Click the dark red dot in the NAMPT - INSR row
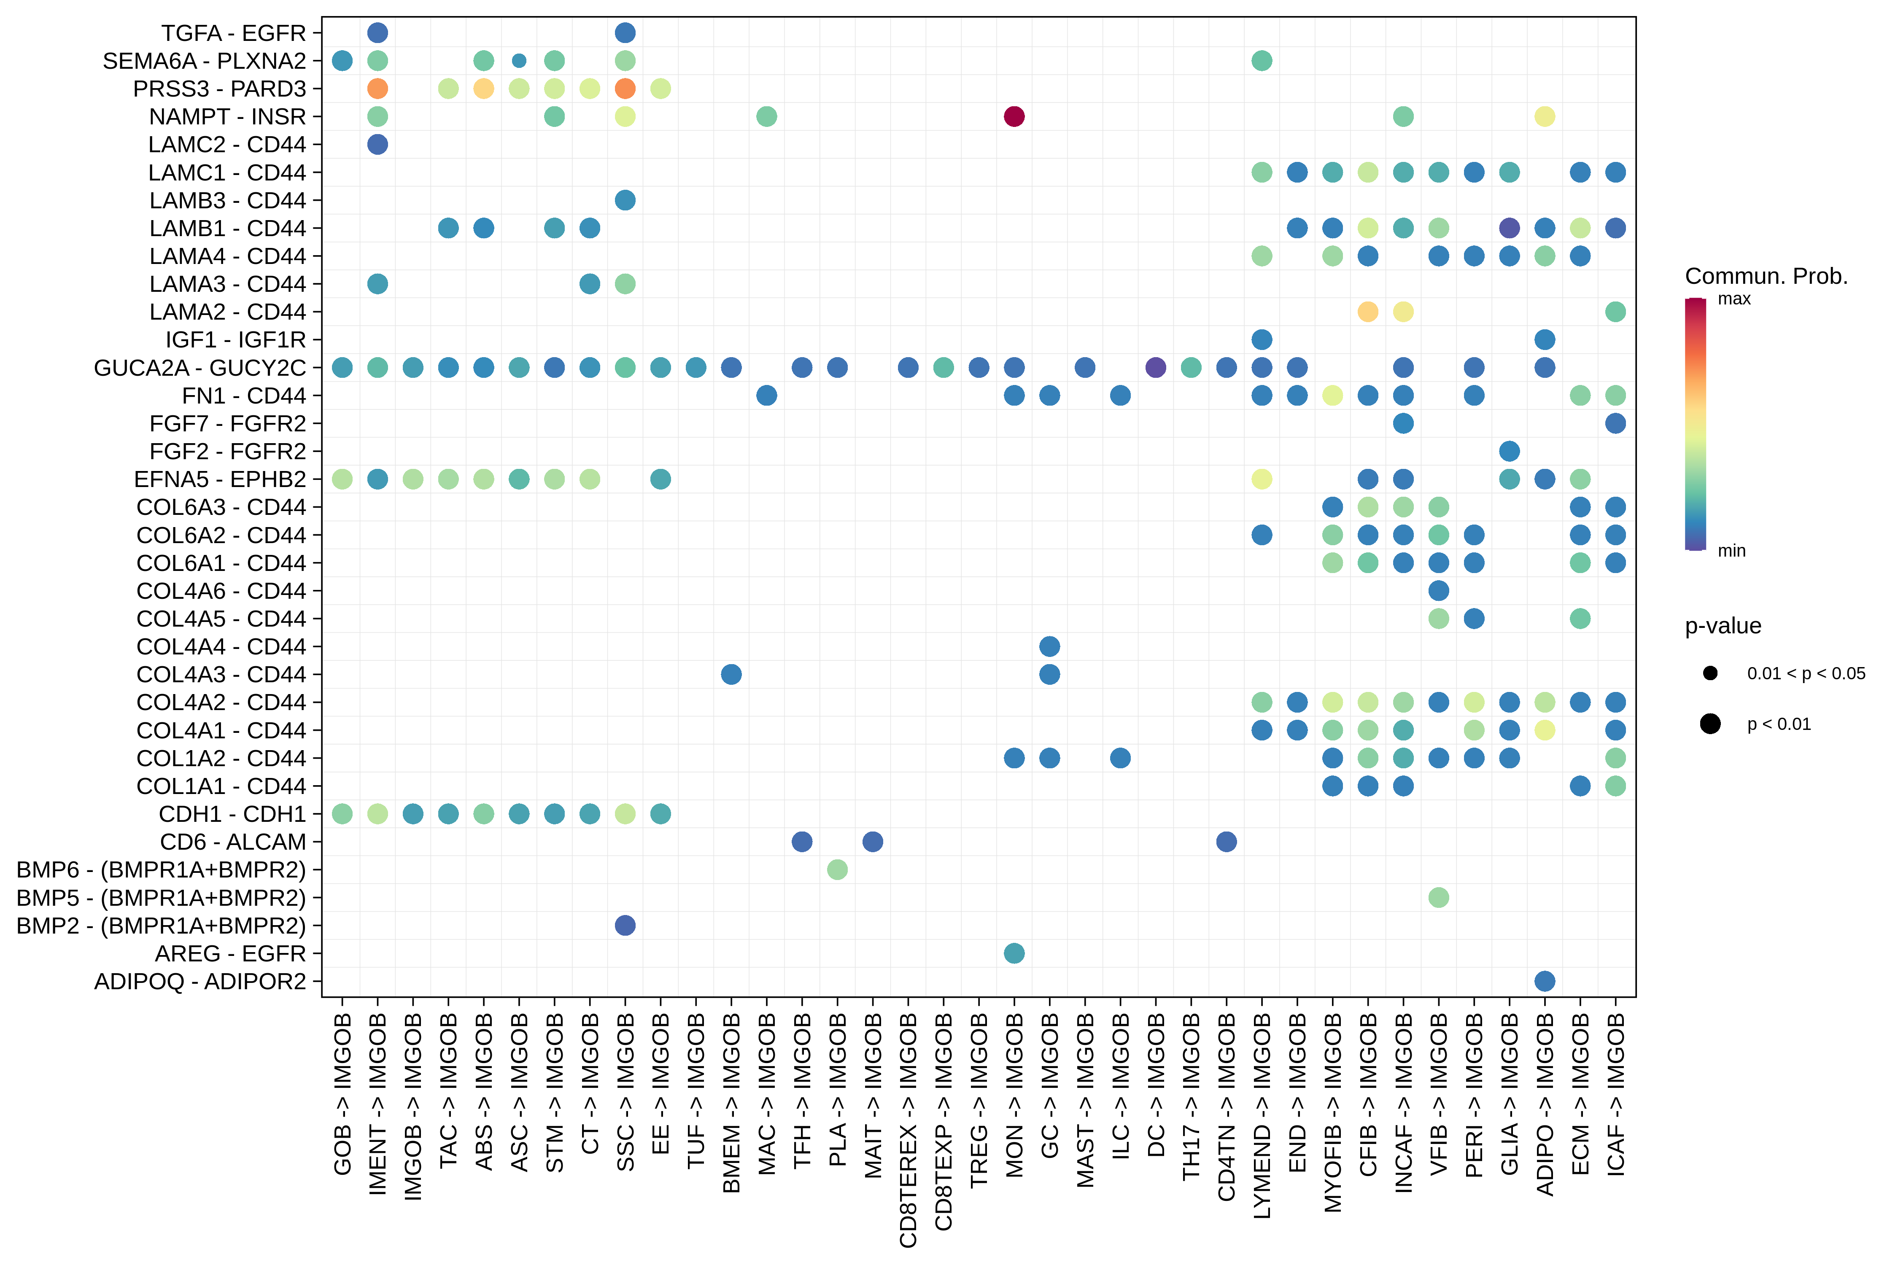tap(1014, 116)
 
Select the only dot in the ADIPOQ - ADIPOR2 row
tap(1545, 981)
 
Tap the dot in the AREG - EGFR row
tap(1014, 953)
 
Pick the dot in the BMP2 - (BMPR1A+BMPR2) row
tap(625, 926)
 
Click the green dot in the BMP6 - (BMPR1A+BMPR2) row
tap(838, 869)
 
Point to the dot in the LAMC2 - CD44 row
tap(377, 144)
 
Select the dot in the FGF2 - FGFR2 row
tap(1509, 451)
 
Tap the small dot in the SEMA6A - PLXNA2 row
tap(519, 60)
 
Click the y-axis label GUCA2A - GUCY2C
tap(200, 368)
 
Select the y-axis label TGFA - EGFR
tap(233, 33)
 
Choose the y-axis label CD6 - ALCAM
tap(233, 842)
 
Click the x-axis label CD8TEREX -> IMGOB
tap(908, 1130)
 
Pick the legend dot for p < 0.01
tap(1710, 724)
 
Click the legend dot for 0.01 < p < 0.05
tap(1710, 673)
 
